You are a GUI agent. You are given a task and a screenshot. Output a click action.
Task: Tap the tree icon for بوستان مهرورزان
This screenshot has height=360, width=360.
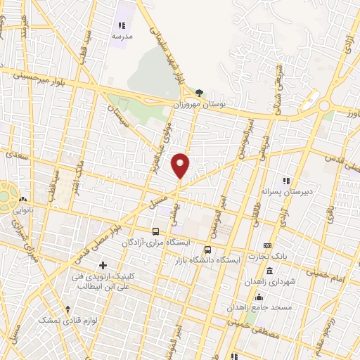pos(200,92)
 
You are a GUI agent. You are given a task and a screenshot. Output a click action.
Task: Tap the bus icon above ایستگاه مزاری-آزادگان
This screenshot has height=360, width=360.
pos(155,231)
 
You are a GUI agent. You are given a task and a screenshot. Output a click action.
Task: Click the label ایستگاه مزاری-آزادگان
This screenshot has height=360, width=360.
pos(155,243)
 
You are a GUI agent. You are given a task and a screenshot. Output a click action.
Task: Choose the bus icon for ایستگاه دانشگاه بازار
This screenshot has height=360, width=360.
pos(207,249)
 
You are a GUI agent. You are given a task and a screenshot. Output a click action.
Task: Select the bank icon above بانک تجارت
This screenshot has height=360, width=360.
pos(266,245)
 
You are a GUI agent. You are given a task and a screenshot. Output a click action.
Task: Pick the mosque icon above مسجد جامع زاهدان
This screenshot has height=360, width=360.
pos(259,297)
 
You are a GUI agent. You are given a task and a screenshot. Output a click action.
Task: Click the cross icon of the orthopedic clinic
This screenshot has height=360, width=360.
pos(103,265)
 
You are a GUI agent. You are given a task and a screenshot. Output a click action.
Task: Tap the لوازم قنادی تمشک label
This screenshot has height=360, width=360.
pos(68,319)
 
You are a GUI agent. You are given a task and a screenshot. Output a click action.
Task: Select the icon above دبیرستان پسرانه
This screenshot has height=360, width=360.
pos(285,180)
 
